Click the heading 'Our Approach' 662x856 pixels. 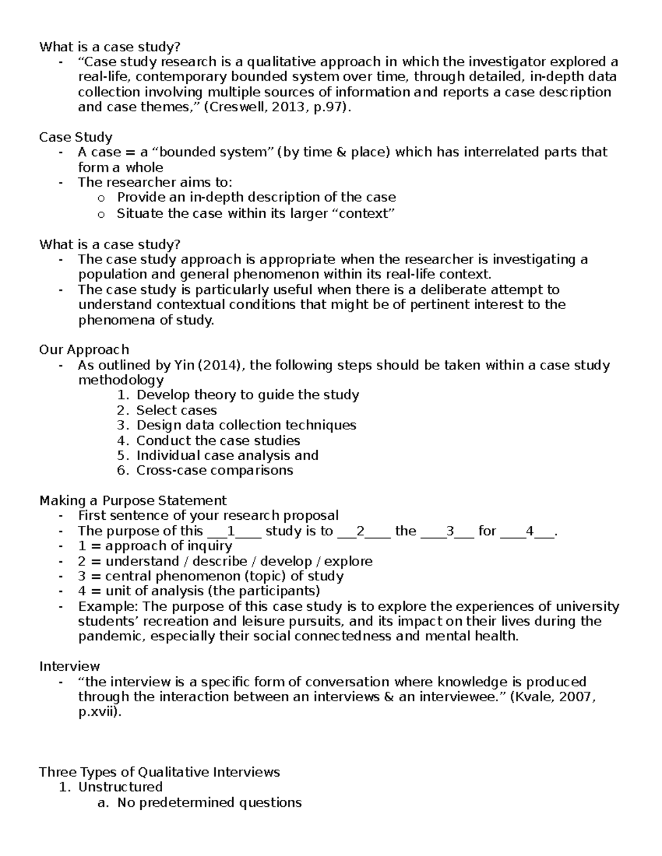[x=84, y=349]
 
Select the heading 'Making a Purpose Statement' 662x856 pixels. [x=133, y=500]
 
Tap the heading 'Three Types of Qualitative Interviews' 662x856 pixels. [x=159, y=772]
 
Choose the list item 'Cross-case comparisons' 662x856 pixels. [x=215, y=470]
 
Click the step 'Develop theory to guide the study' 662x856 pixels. [x=248, y=395]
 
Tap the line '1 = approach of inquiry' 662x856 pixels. [x=155, y=546]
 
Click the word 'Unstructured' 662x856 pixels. [x=120, y=787]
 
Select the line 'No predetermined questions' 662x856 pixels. [x=209, y=802]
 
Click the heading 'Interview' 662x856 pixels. [x=70, y=666]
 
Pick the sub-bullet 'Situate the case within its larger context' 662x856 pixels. [x=256, y=214]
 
